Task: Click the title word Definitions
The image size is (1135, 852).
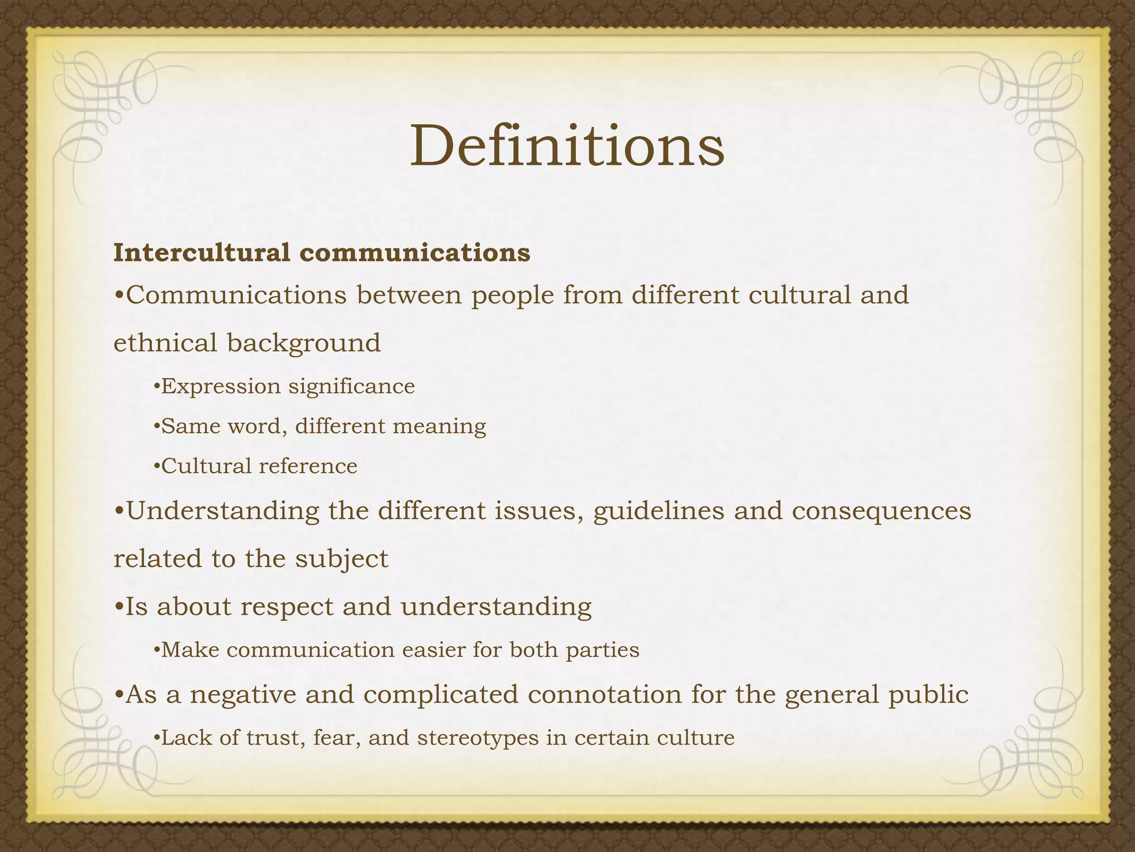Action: (x=567, y=146)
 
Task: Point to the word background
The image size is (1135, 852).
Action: (x=304, y=343)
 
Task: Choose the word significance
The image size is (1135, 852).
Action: (x=351, y=387)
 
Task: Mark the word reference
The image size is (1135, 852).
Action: (x=308, y=466)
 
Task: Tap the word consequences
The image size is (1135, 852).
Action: (x=881, y=511)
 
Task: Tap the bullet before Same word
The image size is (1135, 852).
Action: (x=156, y=427)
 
